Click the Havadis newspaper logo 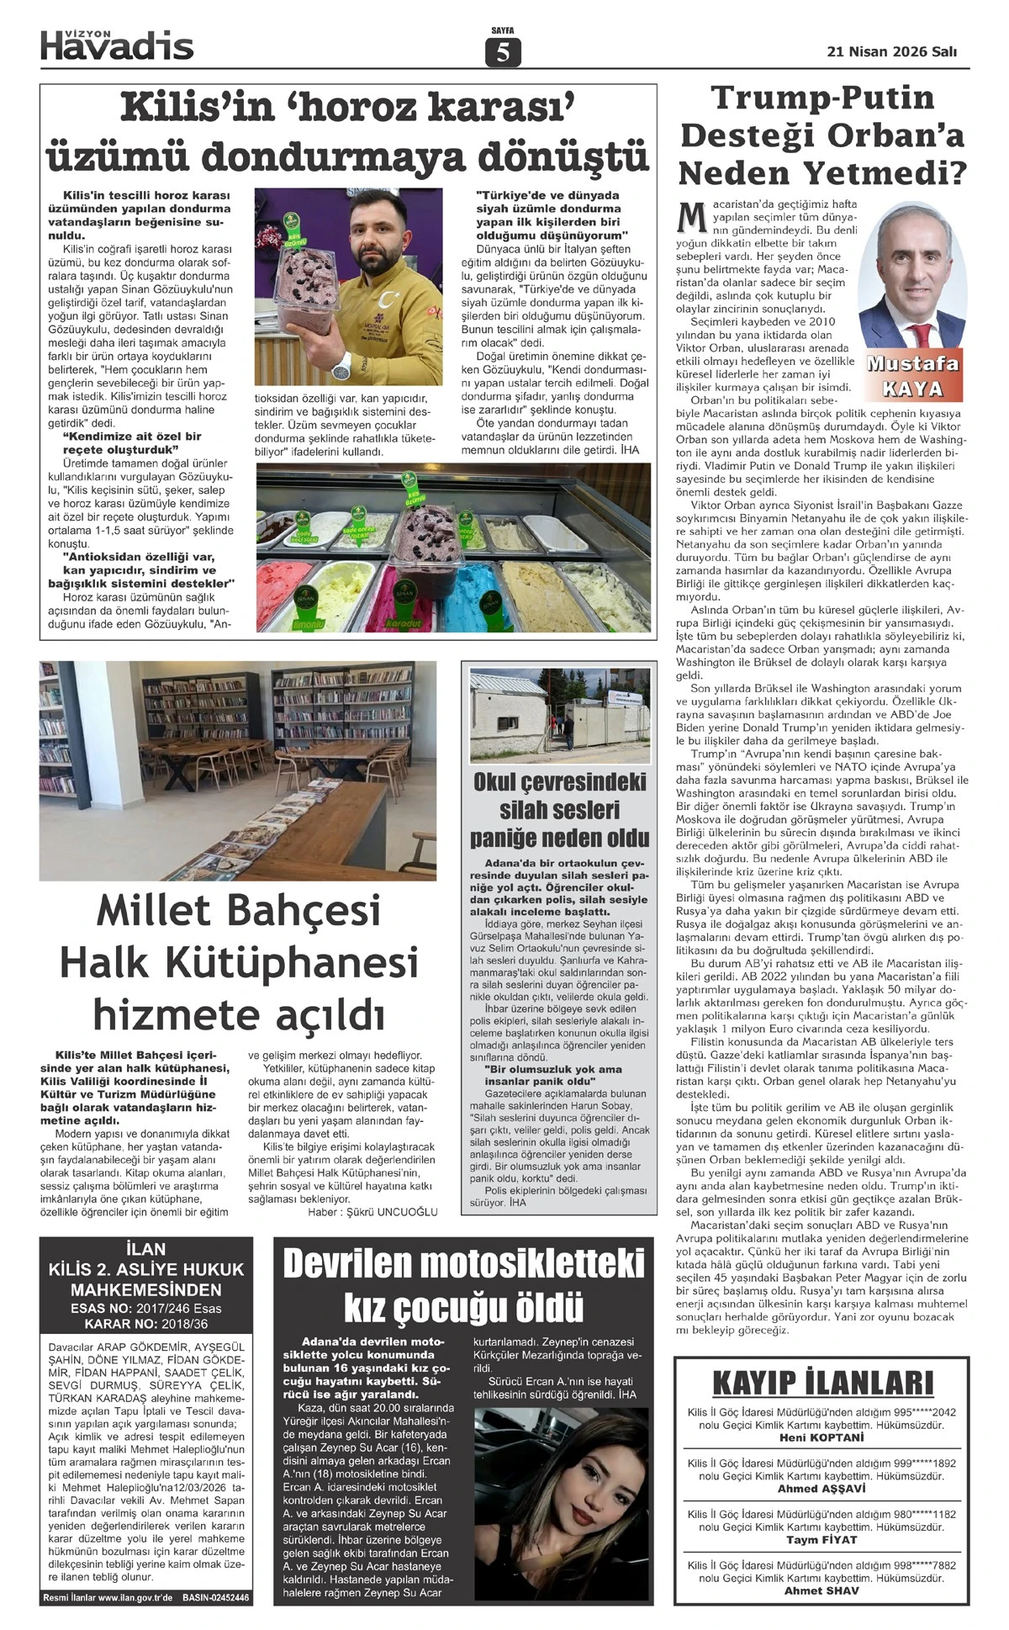coord(117,45)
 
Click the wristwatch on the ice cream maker coord(341,363)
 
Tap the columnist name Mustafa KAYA coord(912,377)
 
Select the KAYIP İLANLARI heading coord(821,1384)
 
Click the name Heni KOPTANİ coord(821,1437)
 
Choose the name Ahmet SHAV coord(821,1590)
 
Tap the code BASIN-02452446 coord(216,1598)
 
